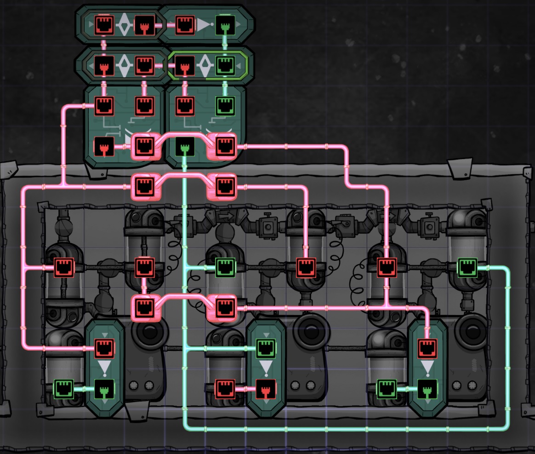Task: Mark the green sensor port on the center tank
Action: coord(225,267)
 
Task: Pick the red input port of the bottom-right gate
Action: coord(427,348)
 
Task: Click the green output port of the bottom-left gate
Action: coord(103,389)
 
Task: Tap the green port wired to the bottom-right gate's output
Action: coord(387,389)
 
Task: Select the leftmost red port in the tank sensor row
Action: coord(63,267)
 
